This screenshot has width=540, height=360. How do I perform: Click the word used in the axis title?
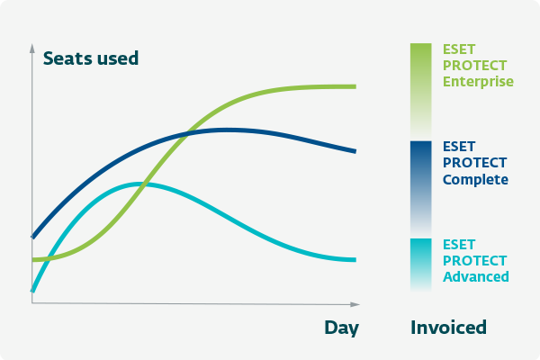(x=118, y=58)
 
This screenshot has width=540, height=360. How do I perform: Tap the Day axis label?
(x=341, y=328)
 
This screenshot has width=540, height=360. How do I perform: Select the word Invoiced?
(x=448, y=328)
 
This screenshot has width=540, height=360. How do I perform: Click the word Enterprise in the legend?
(x=478, y=82)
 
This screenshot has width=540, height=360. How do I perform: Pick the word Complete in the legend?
(x=475, y=179)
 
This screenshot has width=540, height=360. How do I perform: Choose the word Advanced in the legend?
(x=476, y=276)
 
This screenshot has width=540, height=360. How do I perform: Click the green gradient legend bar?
(x=421, y=91)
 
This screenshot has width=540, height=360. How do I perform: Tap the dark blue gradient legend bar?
(x=421, y=189)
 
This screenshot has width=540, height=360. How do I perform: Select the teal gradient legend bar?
(x=421, y=265)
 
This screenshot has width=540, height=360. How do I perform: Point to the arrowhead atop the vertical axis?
(x=32, y=49)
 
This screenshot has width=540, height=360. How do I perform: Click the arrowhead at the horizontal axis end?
(x=355, y=304)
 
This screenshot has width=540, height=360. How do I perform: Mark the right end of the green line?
(x=355, y=86)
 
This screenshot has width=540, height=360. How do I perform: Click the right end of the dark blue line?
(x=355, y=151)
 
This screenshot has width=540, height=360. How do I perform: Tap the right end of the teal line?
(x=355, y=260)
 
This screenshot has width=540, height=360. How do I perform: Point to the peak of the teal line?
(x=139, y=184)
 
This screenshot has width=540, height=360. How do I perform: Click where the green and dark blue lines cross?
(x=187, y=135)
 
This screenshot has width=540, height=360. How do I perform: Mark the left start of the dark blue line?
(x=32, y=237)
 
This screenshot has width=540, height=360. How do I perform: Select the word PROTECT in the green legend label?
(x=474, y=66)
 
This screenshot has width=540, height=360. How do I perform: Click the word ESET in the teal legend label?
(x=459, y=245)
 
